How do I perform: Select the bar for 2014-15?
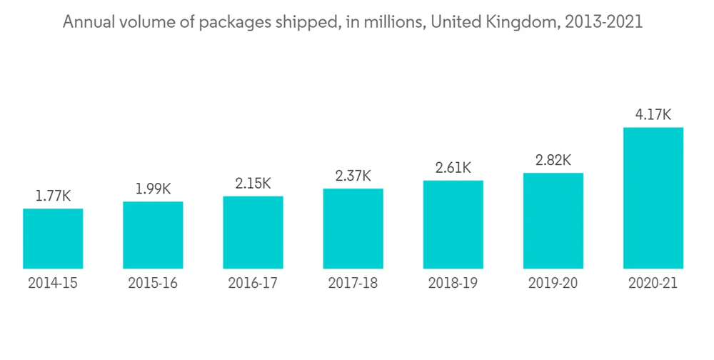click(53, 239)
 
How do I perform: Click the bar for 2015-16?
click(153, 235)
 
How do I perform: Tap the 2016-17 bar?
click(253, 232)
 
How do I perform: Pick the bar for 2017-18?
click(353, 229)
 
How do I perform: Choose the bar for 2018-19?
click(453, 224)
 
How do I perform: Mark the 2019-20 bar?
click(553, 221)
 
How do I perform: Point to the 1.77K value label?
click(53, 196)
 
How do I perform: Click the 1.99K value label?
click(153, 189)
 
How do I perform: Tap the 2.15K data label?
click(253, 184)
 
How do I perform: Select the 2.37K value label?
click(353, 176)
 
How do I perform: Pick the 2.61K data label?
click(453, 168)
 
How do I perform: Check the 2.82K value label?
click(553, 160)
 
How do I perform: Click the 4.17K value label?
click(653, 114)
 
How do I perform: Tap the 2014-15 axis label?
click(53, 283)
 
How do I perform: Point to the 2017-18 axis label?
click(353, 283)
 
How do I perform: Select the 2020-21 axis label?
click(653, 283)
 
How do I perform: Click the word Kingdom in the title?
click(524, 22)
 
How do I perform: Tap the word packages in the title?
click(239, 23)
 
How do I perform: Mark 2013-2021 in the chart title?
click(603, 22)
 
